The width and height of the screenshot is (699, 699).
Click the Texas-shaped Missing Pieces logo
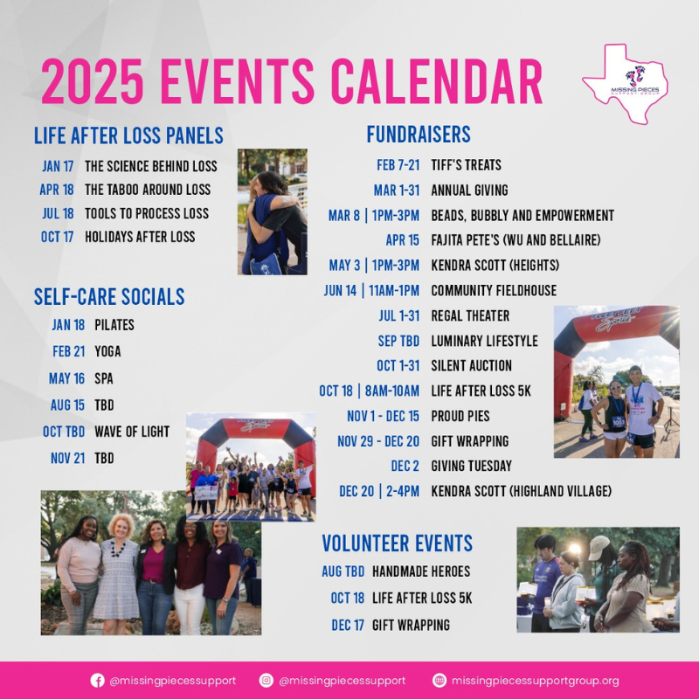[x=625, y=83]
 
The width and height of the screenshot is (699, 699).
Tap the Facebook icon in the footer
[x=97, y=681]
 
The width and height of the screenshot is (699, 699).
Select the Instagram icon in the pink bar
[x=266, y=681]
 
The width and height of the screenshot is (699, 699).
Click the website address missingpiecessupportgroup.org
[x=535, y=681]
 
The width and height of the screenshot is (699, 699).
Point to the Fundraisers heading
[x=419, y=135]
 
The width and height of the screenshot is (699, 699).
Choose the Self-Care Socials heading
[x=109, y=296]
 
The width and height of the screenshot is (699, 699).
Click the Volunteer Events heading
[x=398, y=543]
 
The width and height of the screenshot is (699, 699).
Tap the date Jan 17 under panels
[x=58, y=166]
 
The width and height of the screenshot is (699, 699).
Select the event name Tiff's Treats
[x=466, y=165]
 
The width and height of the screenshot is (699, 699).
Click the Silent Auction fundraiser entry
[x=471, y=365]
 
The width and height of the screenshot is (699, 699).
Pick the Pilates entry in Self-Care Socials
[x=114, y=324]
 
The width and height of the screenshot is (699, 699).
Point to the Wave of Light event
[x=132, y=432]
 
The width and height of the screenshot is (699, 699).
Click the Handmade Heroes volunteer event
[x=421, y=571]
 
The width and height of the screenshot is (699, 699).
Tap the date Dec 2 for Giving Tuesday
[x=405, y=466]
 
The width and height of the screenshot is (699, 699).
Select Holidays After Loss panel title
[x=140, y=237]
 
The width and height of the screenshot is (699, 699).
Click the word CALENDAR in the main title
[x=436, y=81]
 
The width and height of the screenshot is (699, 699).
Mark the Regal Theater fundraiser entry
[x=470, y=315]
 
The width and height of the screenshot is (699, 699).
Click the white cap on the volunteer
[x=599, y=548]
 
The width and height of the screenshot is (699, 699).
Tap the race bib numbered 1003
[x=618, y=421]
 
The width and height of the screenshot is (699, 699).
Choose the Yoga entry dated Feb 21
[x=107, y=351]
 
